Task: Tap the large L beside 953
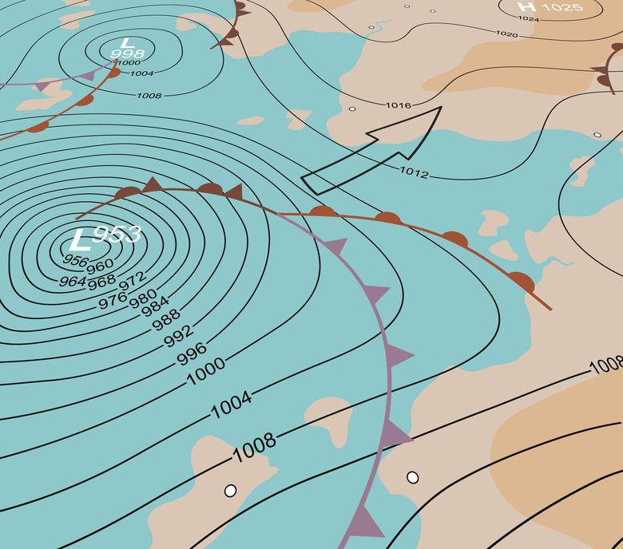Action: [81, 239]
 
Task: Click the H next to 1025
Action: [526, 8]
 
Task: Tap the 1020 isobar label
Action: [506, 34]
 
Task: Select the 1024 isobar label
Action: [529, 18]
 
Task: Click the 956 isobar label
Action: [74, 262]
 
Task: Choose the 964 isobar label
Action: [73, 281]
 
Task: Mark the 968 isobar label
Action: [101, 282]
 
